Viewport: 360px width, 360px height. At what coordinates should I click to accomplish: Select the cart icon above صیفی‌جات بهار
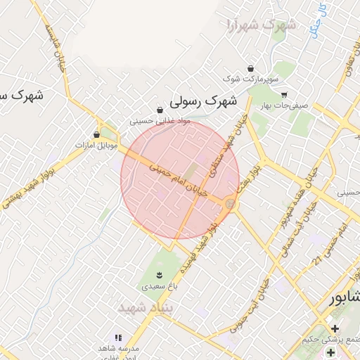284,95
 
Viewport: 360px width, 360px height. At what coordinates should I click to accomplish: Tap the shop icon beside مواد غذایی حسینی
160,110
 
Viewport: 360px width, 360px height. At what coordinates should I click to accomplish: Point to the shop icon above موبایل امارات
97,134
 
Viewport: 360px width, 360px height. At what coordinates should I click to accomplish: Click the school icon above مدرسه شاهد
118,337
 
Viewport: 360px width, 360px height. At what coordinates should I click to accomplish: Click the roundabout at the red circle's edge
230,204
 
